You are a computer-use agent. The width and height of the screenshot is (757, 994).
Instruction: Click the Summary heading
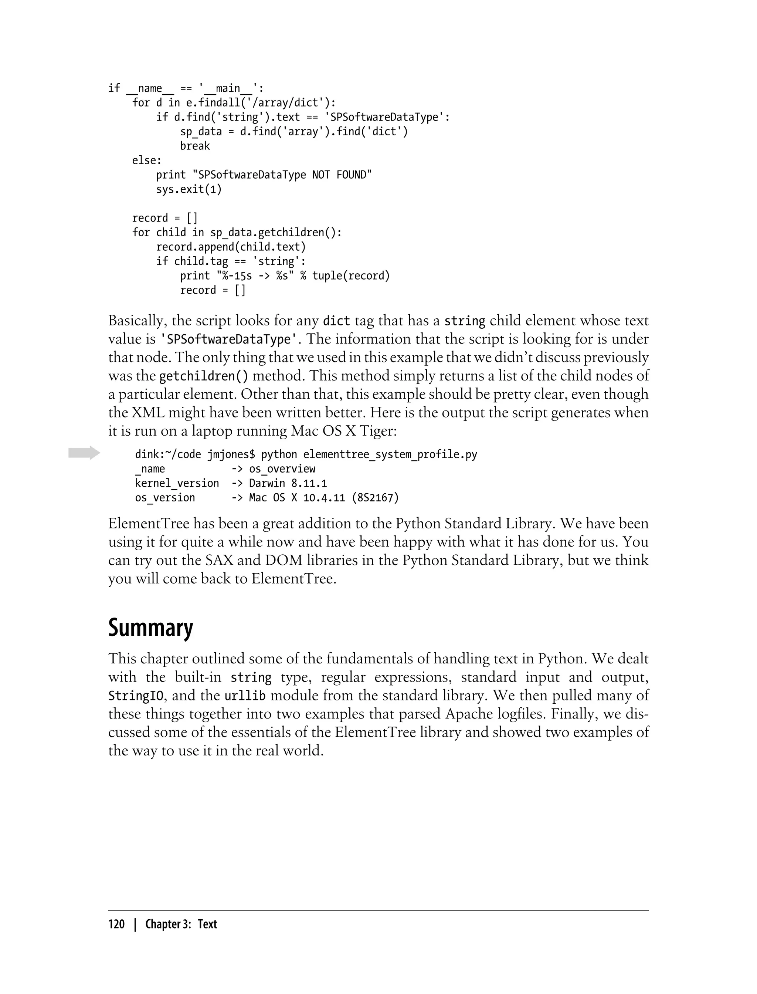[150, 628]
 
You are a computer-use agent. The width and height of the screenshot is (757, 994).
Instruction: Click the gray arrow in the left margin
[84, 453]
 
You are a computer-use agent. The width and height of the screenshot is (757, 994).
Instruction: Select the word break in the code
[195, 146]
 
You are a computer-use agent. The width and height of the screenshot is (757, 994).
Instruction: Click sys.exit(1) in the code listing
[189, 189]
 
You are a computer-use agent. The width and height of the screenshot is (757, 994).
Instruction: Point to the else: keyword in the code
[146, 160]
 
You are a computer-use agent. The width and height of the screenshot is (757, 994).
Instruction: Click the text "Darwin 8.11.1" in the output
[288, 483]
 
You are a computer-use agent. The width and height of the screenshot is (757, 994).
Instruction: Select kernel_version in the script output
[177, 483]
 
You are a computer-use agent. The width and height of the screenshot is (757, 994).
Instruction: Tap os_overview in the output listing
[282, 469]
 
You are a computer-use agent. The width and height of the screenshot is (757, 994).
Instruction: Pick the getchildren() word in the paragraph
[204, 376]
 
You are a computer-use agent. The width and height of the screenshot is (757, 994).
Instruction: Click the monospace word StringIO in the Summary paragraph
[136, 696]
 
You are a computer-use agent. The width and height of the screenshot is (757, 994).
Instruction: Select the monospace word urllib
[245, 696]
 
